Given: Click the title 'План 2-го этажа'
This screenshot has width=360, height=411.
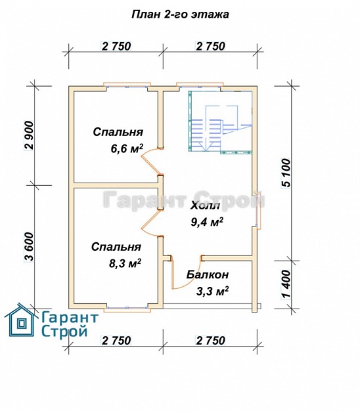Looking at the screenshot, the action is pos(180,14).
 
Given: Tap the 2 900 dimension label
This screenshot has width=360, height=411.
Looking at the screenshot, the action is pos(29,135).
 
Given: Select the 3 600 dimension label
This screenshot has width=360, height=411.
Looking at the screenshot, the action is pos(29,247).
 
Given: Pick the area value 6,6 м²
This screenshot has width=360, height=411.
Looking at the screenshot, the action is pos(127,148).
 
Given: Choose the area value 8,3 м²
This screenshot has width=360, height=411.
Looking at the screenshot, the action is pos(125,263).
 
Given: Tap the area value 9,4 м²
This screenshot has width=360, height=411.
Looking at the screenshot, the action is pos(207,222).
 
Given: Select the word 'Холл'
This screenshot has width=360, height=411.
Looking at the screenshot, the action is pos(206,205).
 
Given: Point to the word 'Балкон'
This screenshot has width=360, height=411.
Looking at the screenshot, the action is pos(208,275).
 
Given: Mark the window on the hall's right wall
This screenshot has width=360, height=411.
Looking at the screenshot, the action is pos(259,210).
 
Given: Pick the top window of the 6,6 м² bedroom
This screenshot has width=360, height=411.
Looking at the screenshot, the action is pos(127,85).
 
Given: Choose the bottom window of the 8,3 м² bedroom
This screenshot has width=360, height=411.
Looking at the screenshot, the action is pos(127,309).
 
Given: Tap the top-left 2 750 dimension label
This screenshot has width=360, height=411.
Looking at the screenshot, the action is pos(116,46).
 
